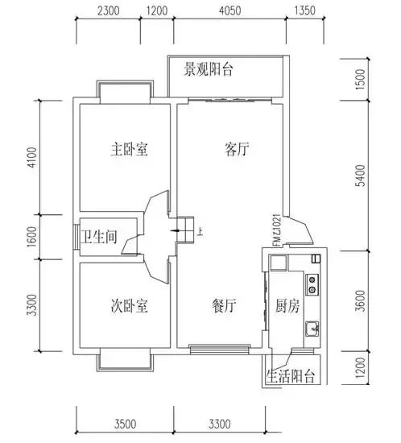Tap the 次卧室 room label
[129, 306]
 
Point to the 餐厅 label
[224, 306]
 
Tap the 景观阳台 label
[209, 70]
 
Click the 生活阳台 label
[291, 376]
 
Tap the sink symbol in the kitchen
[311, 329]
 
